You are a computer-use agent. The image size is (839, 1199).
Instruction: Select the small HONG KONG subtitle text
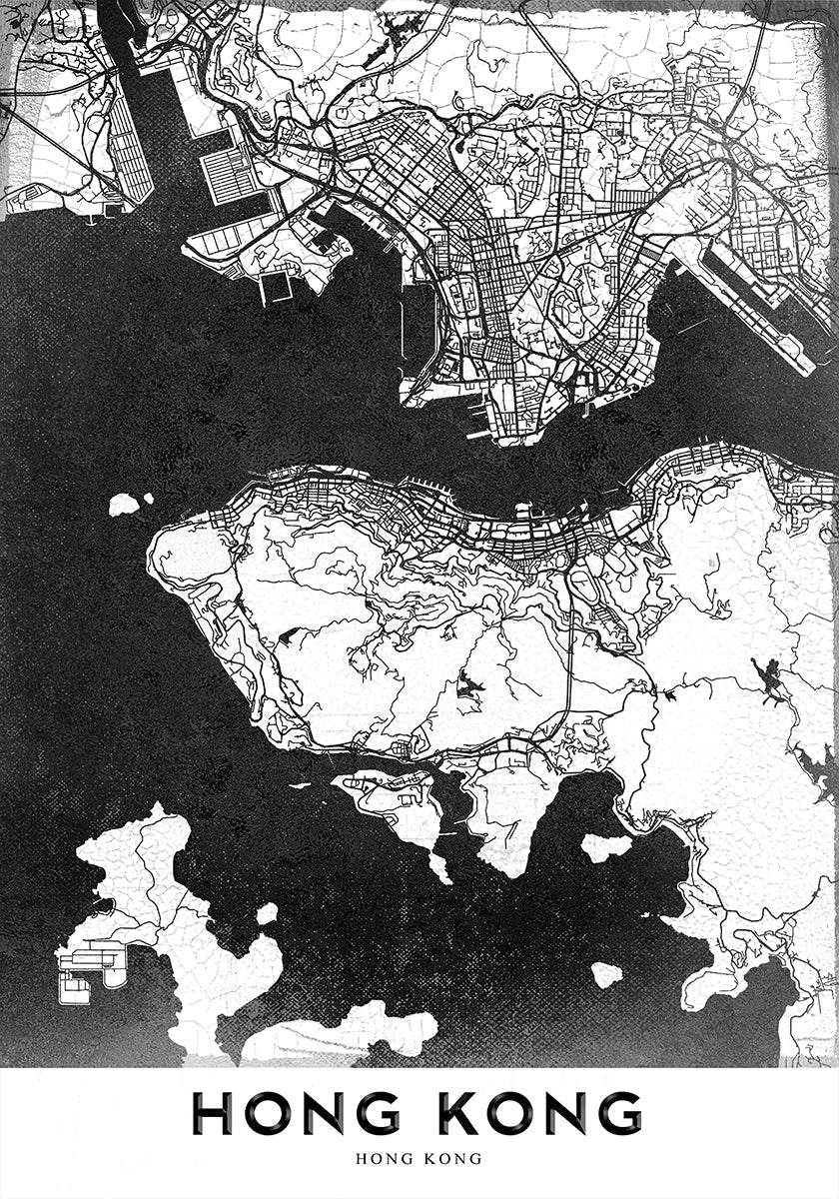(x=419, y=1159)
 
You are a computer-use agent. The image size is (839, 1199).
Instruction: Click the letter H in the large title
(x=213, y=1113)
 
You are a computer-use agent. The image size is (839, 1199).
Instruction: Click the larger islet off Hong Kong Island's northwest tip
(x=124, y=504)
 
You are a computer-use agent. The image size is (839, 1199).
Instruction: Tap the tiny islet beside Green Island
(x=148, y=498)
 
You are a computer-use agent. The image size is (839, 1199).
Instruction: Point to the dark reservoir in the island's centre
(x=467, y=686)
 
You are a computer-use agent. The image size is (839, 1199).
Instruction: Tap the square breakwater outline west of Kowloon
(x=276, y=288)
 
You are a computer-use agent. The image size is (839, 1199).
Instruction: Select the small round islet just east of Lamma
(x=267, y=913)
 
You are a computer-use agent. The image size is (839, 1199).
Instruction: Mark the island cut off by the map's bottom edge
(x=340, y=1034)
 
